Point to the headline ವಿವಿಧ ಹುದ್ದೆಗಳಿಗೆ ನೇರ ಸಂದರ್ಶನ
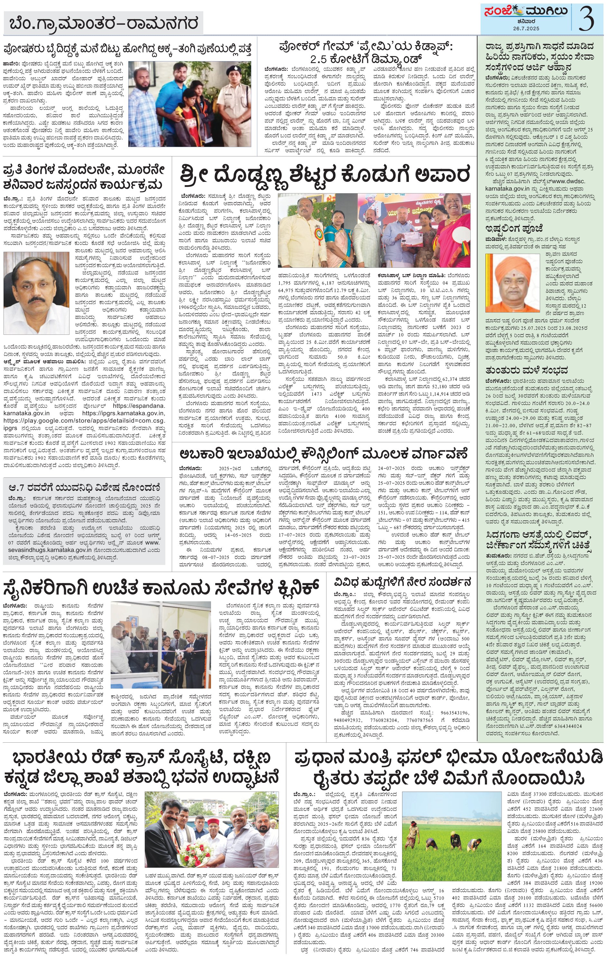[403, 580]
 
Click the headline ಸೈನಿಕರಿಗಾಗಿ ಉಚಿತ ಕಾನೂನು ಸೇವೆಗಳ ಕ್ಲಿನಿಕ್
[161, 586]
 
